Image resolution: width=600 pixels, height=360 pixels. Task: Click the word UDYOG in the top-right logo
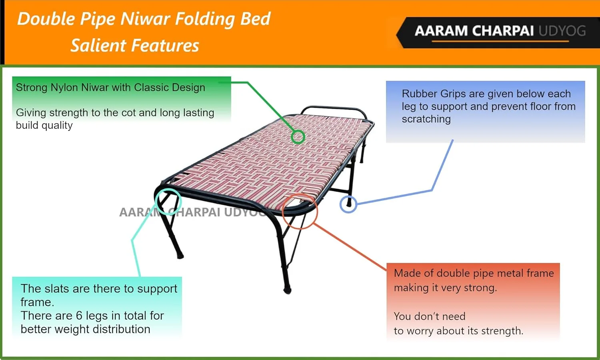coord(562,31)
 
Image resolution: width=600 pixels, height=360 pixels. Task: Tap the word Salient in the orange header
coord(98,45)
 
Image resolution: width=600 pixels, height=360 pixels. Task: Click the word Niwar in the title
coord(145,19)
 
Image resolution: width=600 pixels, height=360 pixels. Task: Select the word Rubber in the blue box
coord(420,94)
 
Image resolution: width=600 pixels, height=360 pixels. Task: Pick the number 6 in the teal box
coord(79,316)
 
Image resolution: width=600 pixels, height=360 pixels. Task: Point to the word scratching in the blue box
coord(426,119)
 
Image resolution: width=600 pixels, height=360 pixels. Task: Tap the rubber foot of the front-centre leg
coord(287,290)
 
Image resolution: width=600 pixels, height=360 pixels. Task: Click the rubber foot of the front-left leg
coord(180,256)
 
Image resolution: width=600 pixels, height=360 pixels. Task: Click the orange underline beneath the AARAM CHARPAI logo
coord(500,41)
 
